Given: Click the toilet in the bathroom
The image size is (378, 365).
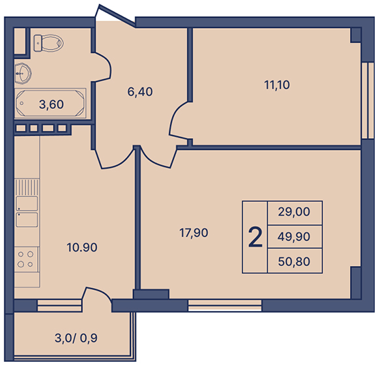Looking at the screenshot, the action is (48, 43).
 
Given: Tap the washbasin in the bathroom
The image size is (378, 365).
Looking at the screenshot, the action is (23, 73).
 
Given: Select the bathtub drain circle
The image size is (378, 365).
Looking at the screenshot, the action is (22, 103).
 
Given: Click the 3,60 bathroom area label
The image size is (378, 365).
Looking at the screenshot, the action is (51, 104).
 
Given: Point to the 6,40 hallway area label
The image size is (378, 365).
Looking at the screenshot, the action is (140, 92).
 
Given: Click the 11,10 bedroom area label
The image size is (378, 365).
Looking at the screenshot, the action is (277, 85).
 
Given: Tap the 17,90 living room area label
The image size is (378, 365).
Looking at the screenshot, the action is (194, 233).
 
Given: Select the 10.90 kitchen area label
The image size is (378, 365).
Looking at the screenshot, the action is (82, 247).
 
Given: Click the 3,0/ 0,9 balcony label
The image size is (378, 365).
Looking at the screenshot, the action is (76, 338).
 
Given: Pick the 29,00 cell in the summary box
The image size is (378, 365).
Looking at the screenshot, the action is (294, 212).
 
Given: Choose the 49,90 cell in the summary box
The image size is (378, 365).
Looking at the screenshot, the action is (294, 237).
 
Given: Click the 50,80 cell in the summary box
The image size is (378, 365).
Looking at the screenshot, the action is (294, 261).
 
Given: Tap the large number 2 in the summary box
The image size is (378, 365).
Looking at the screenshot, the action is (255, 237).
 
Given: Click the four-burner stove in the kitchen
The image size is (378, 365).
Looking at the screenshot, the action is (26, 259).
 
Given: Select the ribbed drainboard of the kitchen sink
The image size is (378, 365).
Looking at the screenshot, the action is (27, 187).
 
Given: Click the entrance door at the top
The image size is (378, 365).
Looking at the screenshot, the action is (115, 15).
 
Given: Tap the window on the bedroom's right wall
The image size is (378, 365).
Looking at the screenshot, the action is (368, 100).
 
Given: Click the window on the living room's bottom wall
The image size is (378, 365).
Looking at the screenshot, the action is (225, 305).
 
